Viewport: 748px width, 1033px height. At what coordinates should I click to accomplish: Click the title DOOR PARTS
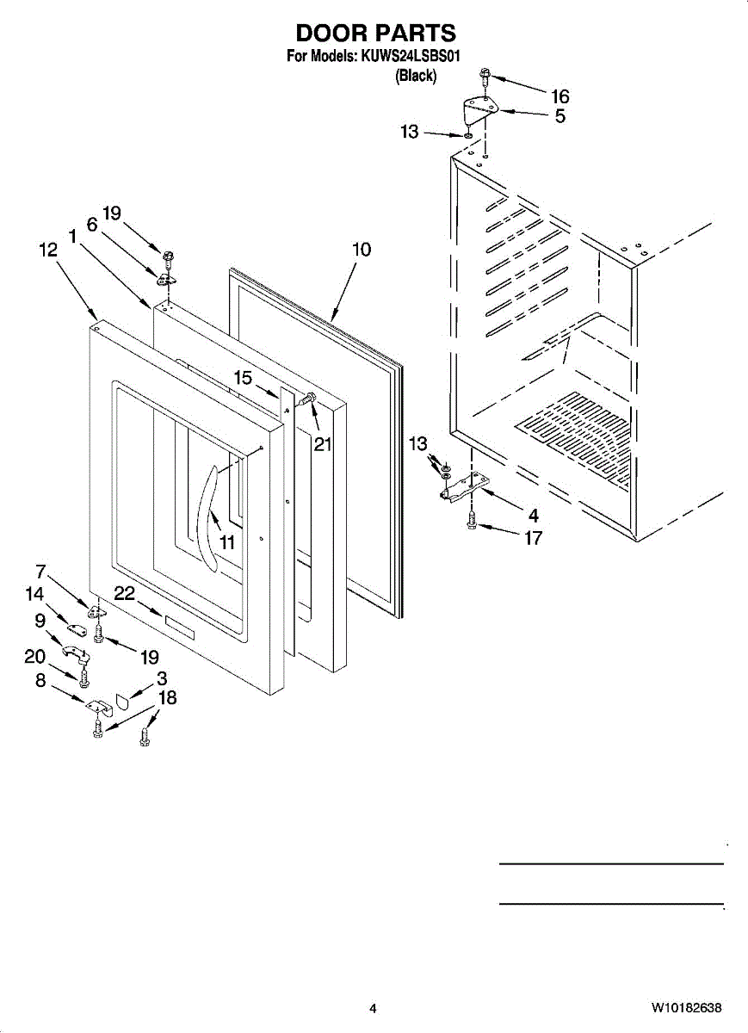[375, 34]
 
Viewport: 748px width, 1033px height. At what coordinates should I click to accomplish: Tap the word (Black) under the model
[416, 76]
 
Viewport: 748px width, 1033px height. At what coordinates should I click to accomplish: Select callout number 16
[559, 96]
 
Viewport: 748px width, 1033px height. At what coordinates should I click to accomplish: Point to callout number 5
[560, 116]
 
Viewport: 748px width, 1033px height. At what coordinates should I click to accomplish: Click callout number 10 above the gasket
[362, 250]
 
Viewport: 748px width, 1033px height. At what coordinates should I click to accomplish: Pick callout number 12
[48, 250]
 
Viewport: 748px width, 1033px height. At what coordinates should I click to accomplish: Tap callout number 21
[322, 444]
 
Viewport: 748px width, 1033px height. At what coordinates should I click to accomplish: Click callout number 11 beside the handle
[226, 542]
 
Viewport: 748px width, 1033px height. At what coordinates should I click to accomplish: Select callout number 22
[125, 593]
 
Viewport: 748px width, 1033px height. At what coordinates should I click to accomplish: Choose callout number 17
[534, 538]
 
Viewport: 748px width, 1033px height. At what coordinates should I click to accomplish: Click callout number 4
[534, 516]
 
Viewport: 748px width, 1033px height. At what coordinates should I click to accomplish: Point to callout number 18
[168, 697]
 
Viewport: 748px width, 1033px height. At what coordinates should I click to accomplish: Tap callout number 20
[34, 657]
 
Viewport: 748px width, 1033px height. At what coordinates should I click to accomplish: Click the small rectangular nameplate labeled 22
[180, 628]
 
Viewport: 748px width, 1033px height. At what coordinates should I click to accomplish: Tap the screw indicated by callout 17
[471, 520]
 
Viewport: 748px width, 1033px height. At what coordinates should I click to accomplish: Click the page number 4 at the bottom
[373, 1008]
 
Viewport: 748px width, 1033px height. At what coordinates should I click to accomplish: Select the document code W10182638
[686, 1008]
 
